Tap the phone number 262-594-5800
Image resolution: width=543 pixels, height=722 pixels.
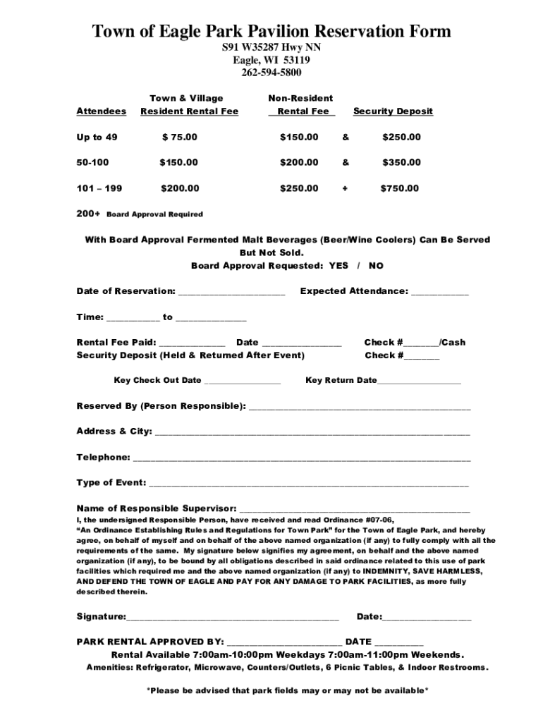[x=271, y=73]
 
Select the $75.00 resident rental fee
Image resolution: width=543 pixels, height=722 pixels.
[x=180, y=137]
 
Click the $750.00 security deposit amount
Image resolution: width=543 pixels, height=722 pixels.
[x=400, y=188]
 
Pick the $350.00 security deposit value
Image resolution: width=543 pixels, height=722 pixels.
[x=401, y=162]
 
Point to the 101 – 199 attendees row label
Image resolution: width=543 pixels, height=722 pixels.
[x=99, y=188]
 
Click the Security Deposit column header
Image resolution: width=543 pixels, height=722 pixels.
[x=393, y=111]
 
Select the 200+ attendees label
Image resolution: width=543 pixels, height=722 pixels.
[x=88, y=214]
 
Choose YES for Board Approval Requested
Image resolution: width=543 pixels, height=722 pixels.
[x=338, y=266]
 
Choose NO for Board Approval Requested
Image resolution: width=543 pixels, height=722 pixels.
[x=376, y=266]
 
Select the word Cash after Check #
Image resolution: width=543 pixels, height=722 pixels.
[x=453, y=342]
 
